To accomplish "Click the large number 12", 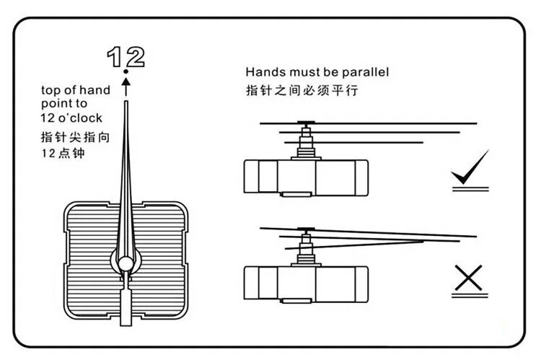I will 126,56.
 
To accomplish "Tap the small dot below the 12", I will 126,72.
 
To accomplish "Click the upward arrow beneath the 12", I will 126,87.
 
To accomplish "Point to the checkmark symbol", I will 470,167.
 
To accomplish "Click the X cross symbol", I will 469,278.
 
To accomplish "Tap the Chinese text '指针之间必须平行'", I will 302,91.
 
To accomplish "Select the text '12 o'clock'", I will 71,118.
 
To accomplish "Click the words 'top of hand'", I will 76,90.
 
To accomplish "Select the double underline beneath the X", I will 470,294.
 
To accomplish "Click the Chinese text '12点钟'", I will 62,154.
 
